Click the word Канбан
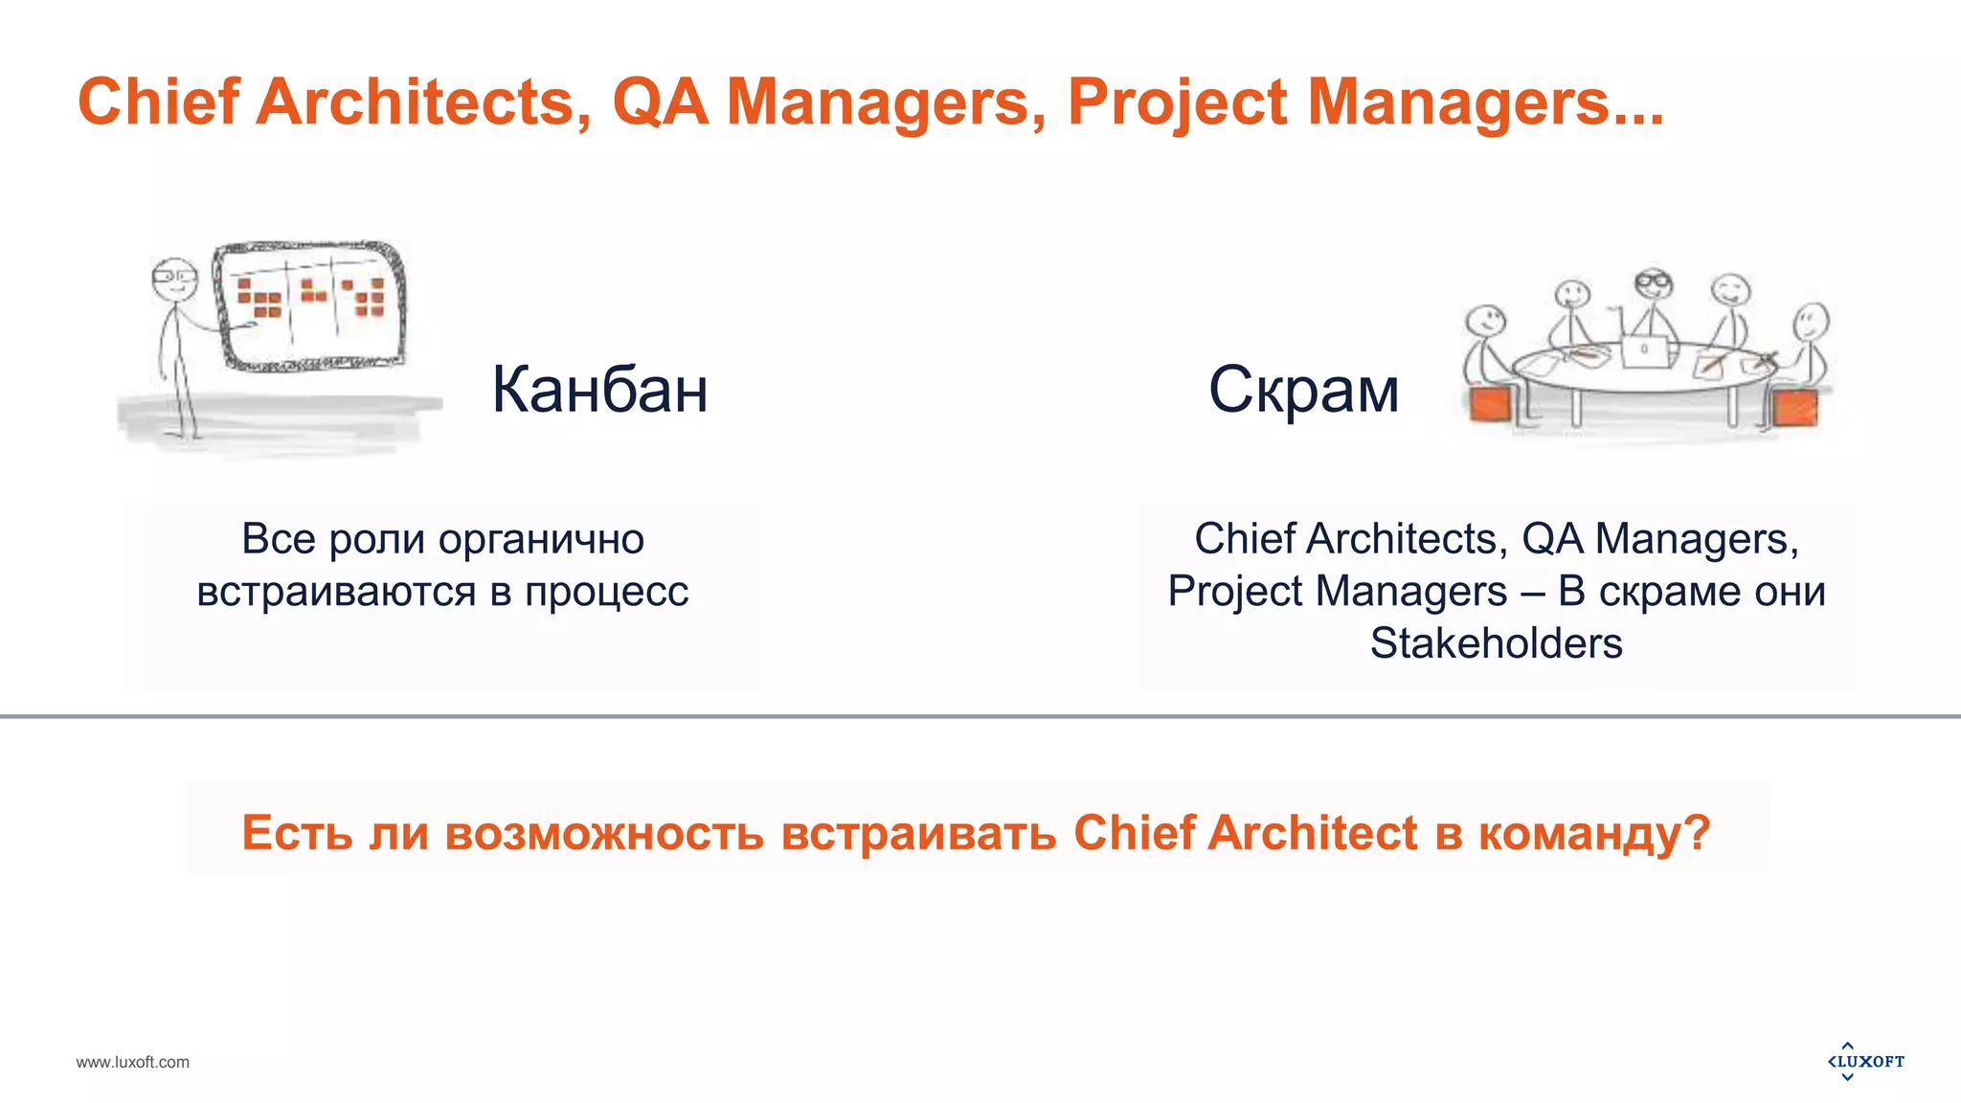tap(599, 390)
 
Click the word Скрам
tap(1303, 390)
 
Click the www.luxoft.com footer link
tap(132, 1062)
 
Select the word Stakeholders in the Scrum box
tap(1496, 643)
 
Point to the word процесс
tap(606, 592)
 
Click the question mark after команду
tap(1697, 831)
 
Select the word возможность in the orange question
tap(604, 833)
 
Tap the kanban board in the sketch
tap(309, 304)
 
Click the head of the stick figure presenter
tap(173, 277)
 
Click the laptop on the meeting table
tap(1645, 350)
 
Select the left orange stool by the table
tap(1490, 405)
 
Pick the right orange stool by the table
tap(1794, 407)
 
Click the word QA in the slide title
tap(660, 101)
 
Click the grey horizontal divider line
tap(980, 715)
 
